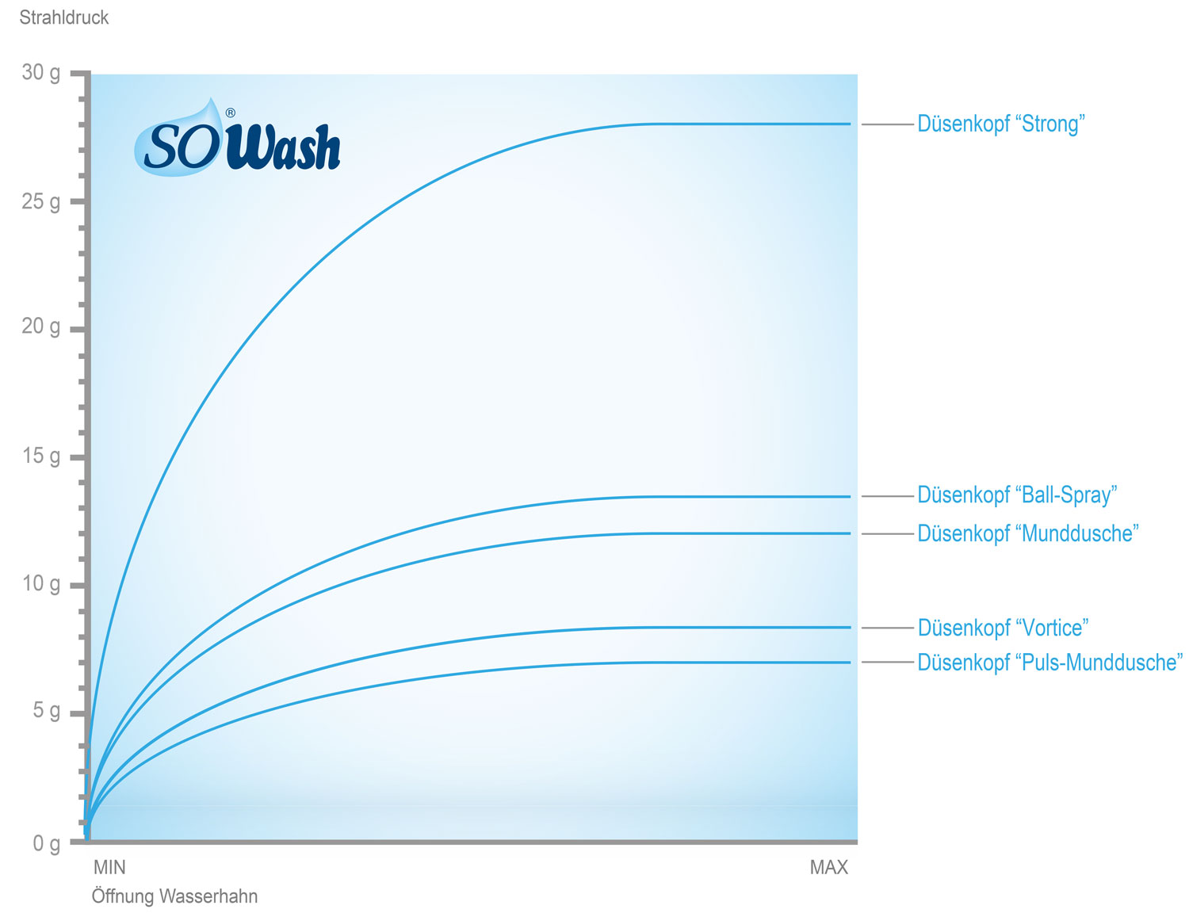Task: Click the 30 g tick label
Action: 41,73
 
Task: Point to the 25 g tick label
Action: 41,202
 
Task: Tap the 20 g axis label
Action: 41,327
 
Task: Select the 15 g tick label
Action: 41,456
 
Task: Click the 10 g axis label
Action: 41,583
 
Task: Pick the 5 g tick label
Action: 47,711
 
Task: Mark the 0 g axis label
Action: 47,843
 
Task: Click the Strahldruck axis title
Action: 64,17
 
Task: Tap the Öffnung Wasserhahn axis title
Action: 174,896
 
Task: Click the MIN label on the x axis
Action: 109,867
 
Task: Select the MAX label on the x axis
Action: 829,867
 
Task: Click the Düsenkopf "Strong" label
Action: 1001,124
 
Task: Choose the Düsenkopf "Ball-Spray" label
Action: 1017,495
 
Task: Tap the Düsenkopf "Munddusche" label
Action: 1028,533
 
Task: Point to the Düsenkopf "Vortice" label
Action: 1003,628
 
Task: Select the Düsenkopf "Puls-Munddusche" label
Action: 1050,663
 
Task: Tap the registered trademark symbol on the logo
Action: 231,113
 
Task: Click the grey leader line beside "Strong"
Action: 888,124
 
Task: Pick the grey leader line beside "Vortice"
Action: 888,628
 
